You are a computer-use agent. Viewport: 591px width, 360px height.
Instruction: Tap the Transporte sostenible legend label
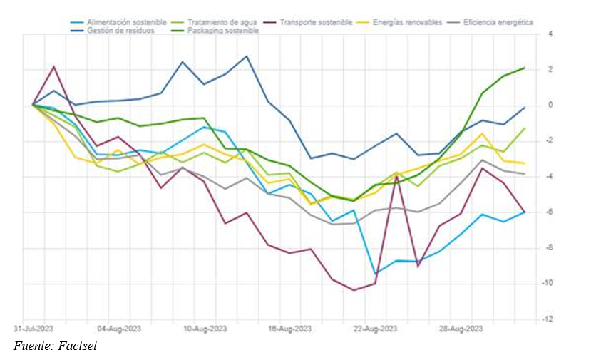[x=314, y=23]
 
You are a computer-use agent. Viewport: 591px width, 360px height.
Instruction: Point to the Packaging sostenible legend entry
[x=222, y=31]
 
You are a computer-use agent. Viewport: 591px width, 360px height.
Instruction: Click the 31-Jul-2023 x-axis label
[x=33, y=329]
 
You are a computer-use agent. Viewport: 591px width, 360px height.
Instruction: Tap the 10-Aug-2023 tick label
[x=205, y=329]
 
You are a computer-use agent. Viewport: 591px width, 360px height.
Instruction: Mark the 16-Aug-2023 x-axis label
[x=289, y=329]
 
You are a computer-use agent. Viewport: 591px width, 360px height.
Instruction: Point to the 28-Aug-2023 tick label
[x=461, y=329]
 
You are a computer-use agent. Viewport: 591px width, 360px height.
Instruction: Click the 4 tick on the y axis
[x=550, y=34]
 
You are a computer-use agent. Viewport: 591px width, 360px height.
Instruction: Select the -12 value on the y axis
[x=548, y=319]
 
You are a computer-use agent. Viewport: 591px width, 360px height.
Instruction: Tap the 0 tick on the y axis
[x=550, y=105]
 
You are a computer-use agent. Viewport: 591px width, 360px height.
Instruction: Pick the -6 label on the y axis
[x=548, y=212]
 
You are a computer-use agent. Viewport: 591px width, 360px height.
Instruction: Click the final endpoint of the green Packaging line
[x=525, y=68]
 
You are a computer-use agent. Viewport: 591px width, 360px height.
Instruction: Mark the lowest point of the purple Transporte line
[x=354, y=290]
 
